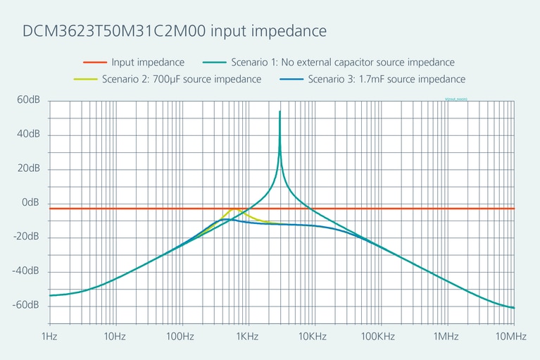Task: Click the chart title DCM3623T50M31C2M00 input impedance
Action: [x=174, y=32]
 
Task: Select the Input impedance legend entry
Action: [x=148, y=63]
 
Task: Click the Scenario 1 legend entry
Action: [x=342, y=63]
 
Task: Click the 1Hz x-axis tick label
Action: [x=49, y=336]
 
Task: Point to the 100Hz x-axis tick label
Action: [x=180, y=336]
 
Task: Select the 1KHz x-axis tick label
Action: [x=246, y=336]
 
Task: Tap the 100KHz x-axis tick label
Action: [x=378, y=336]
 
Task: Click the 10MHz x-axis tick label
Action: [x=510, y=336]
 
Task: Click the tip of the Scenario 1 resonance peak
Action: [x=280, y=111]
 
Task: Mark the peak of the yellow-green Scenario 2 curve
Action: [x=234, y=209]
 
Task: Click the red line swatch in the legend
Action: [x=91, y=63]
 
